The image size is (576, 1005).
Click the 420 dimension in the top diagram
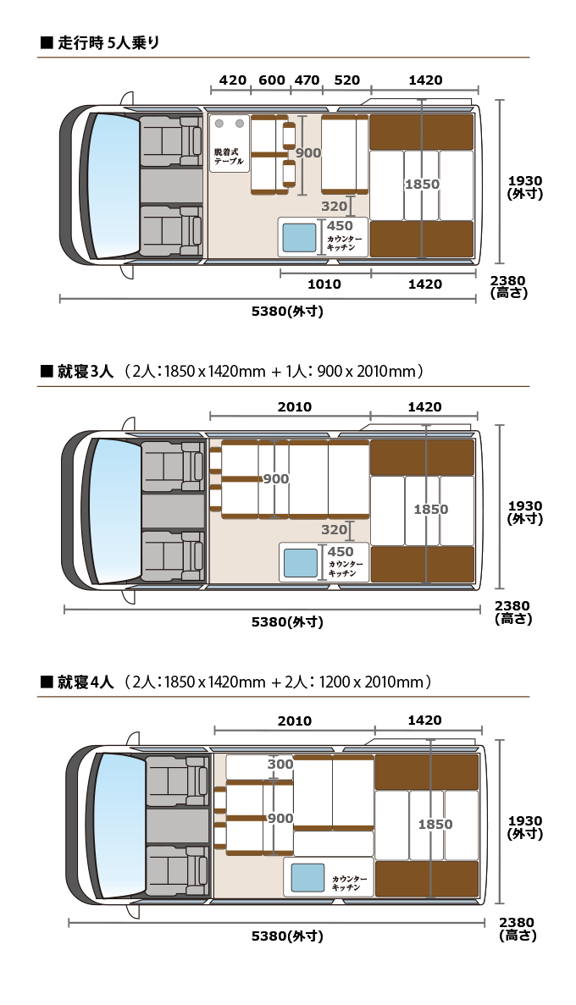[x=232, y=80]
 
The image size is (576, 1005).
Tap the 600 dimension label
[x=271, y=80]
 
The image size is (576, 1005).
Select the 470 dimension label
[x=307, y=80]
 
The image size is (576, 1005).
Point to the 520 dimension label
[x=346, y=80]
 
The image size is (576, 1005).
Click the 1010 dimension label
[x=324, y=284]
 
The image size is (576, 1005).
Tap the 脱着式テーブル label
[x=229, y=155]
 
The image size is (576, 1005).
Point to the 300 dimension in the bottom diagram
[x=280, y=764]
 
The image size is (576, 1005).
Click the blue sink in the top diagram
[x=299, y=237]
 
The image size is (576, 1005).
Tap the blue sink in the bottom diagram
[x=307, y=877]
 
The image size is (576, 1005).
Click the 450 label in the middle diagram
[x=340, y=552]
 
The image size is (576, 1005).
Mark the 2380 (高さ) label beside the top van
[x=507, y=287]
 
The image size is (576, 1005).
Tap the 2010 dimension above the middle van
[x=294, y=407]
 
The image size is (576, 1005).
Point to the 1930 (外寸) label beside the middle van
[x=524, y=512]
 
